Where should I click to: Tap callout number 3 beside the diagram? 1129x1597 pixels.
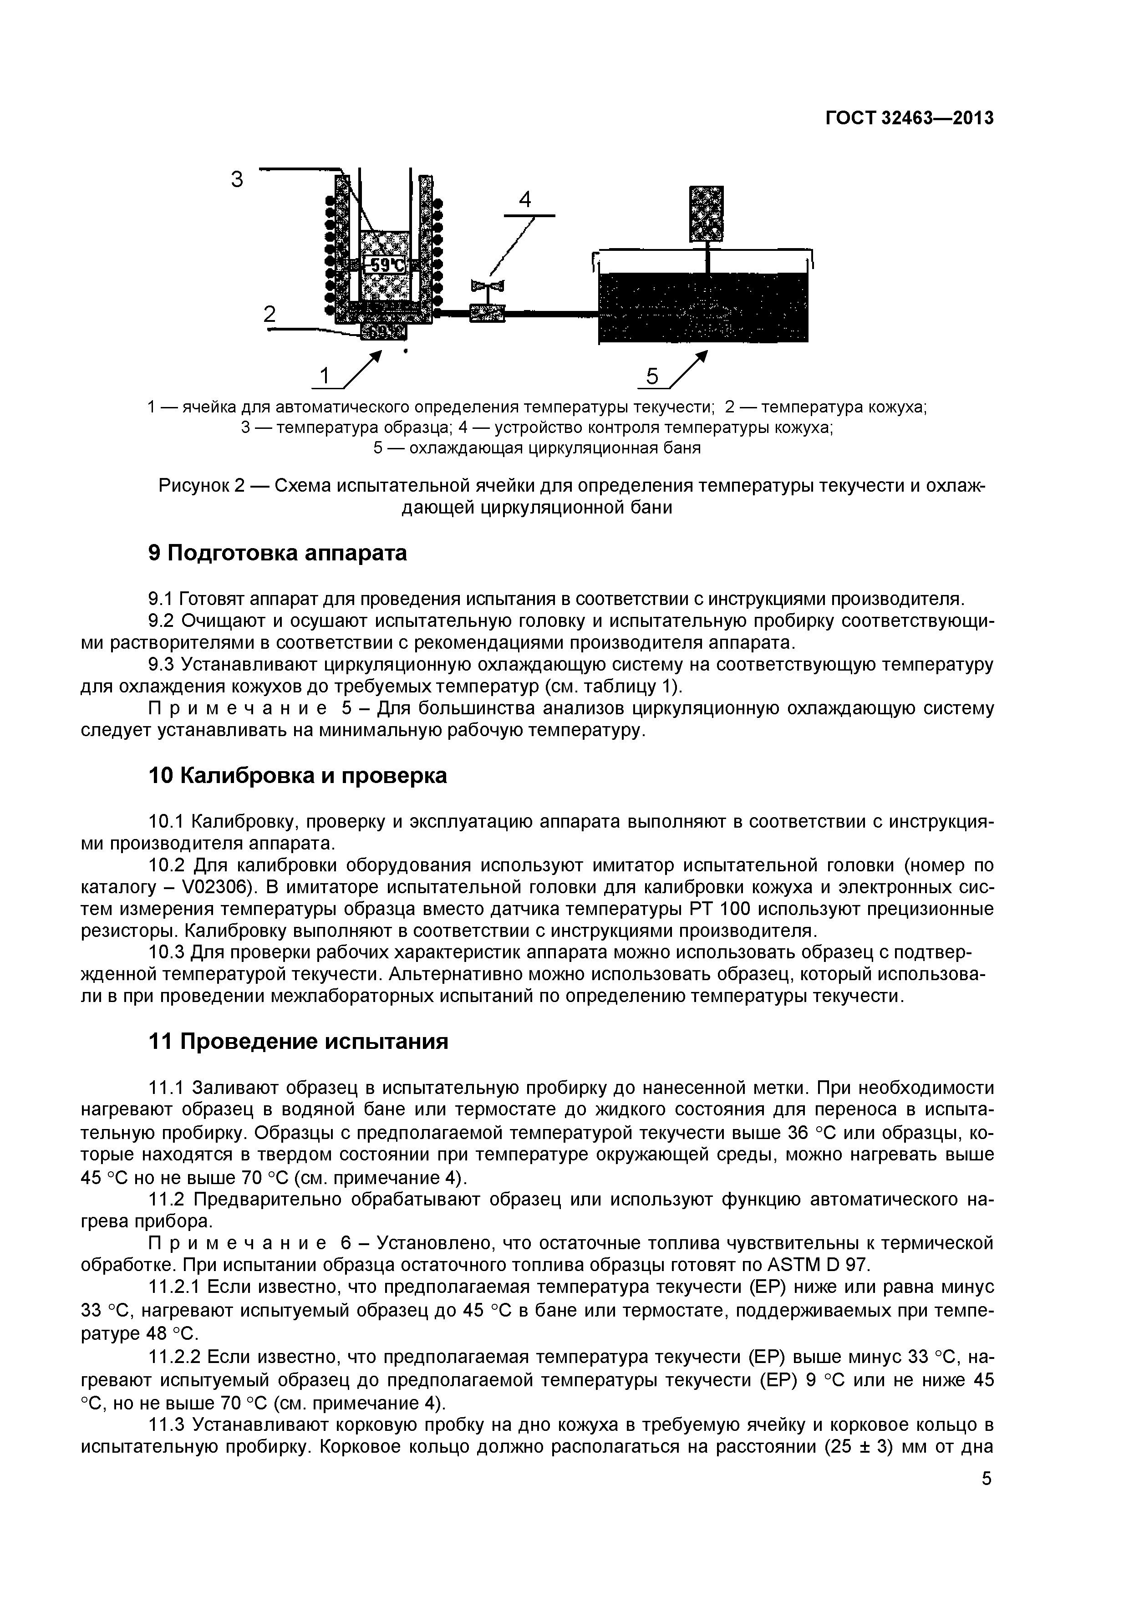coord(238,179)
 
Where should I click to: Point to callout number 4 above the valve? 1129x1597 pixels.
coord(525,200)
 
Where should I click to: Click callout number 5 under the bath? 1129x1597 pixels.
coord(652,376)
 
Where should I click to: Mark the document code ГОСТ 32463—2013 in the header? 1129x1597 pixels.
coord(909,119)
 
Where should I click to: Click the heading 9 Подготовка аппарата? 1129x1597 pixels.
coord(278,553)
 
